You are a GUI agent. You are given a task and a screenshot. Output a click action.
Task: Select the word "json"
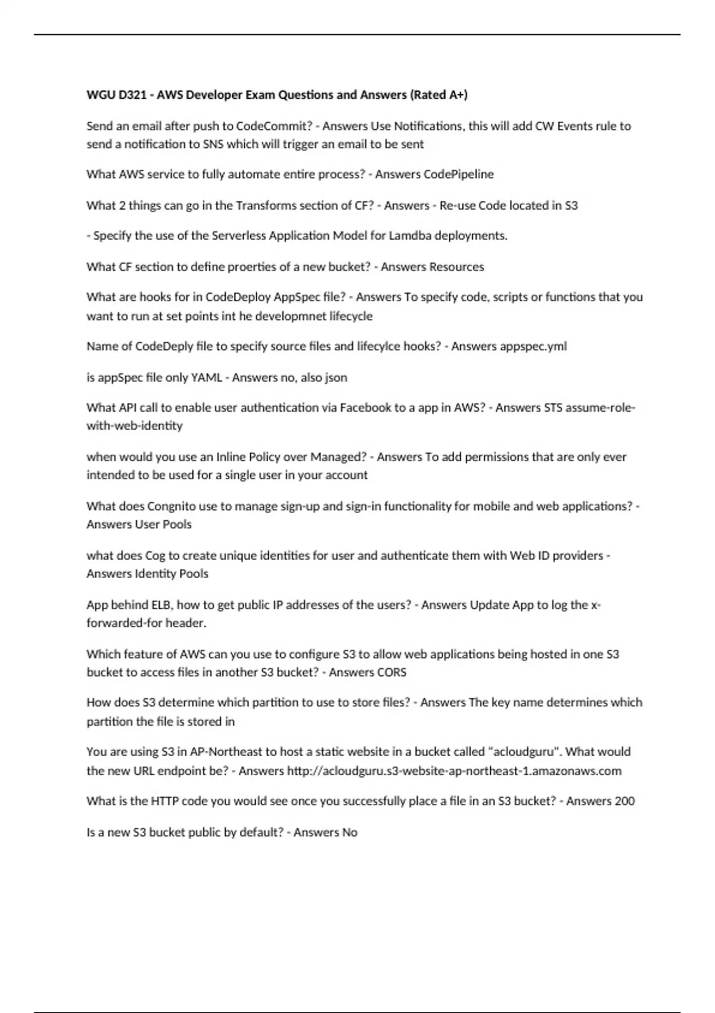tap(336, 377)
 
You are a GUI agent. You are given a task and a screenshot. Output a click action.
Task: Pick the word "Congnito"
tap(171, 506)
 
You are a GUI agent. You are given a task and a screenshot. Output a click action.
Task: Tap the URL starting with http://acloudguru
tap(454, 770)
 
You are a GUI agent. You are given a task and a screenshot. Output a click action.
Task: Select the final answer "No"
tap(350, 832)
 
